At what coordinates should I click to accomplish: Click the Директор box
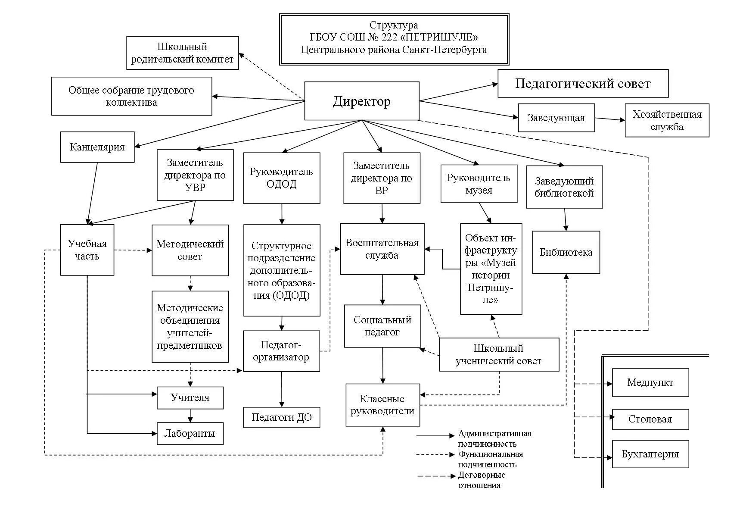(361, 101)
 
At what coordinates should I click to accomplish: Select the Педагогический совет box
(583, 83)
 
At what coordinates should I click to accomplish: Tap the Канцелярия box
(97, 147)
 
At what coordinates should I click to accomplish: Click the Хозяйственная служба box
(667, 120)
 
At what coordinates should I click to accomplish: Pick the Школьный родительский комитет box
(182, 53)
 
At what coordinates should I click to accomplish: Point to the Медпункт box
(650, 382)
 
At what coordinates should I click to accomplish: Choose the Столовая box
(650, 419)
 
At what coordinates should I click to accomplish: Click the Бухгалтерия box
(650, 454)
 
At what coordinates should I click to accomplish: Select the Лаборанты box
(190, 433)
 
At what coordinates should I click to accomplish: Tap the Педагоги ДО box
(281, 417)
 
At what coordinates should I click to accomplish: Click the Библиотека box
(566, 252)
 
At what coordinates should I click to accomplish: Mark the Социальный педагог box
(382, 326)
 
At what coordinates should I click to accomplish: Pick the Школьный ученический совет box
(498, 354)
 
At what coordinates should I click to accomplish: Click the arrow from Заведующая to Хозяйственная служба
(610, 119)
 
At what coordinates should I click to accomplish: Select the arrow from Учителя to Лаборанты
(190, 416)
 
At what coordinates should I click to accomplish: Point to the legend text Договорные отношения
(482, 480)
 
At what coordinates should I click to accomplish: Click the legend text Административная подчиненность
(494, 438)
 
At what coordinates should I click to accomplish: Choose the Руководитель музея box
(479, 184)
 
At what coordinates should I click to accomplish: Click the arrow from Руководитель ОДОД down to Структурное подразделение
(282, 214)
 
